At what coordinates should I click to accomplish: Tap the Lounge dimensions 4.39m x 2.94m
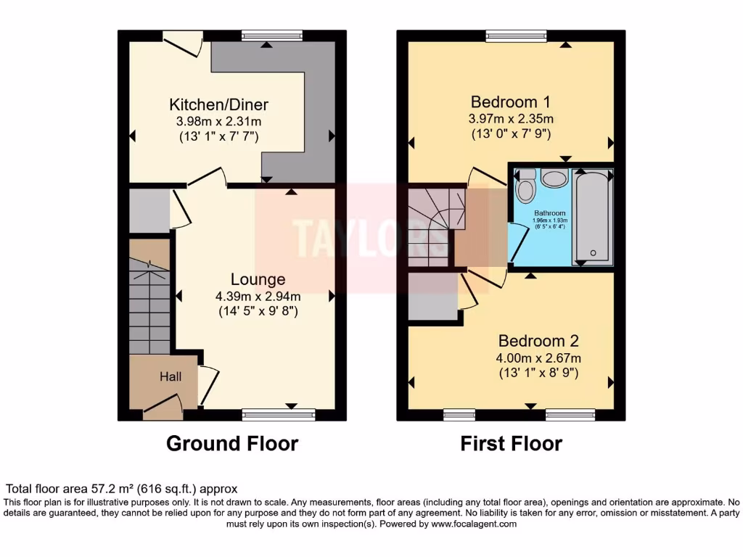(258, 296)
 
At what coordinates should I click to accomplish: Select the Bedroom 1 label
(512, 101)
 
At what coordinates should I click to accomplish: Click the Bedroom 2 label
(538, 341)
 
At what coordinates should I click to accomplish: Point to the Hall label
(171, 376)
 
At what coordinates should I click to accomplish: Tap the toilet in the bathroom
(525, 187)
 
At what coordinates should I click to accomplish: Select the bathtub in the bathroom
(594, 216)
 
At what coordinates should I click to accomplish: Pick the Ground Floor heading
(232, 443)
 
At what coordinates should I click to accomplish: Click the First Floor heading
(511, 443)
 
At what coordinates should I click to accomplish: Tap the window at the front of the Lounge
(279, 415)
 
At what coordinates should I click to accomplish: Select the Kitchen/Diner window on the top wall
(272, 36)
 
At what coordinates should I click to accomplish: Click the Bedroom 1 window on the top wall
(516, 36)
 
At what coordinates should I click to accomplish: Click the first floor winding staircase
(430, 225)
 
